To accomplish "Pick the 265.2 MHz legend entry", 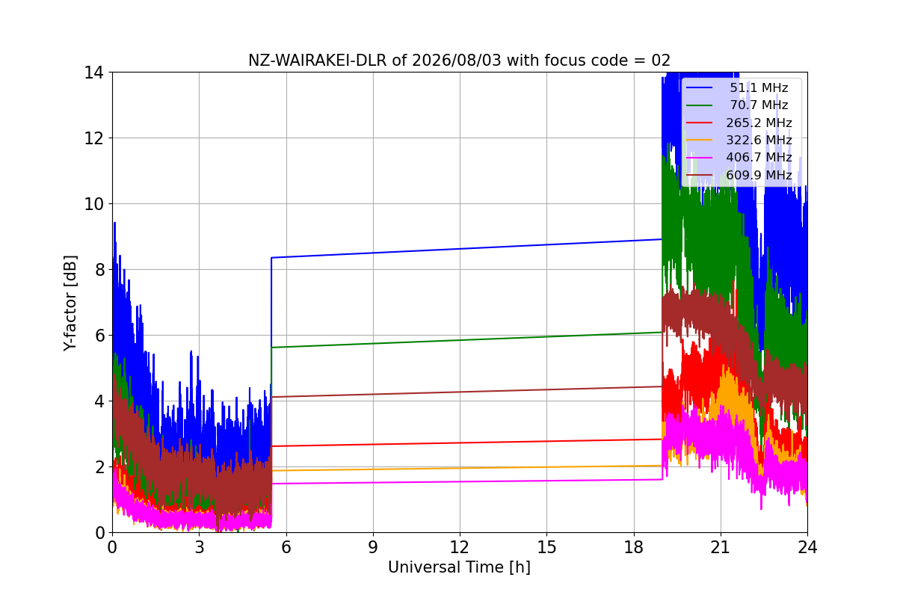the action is [x=739, y=123].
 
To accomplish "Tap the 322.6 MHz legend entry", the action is [x=739, y=140].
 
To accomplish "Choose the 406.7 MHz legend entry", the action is [x=739, y=158].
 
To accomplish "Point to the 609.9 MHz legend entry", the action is [x=739, y=175].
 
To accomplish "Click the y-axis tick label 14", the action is [x=93, y=73].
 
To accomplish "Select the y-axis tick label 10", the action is [x=93, y=204].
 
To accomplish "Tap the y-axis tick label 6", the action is [x=99, y=336].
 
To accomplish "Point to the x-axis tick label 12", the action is [x=460, y=547].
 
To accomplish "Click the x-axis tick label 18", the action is [x=634, y=547].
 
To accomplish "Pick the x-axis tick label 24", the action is [x=807, y=547].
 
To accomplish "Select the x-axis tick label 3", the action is [x=200, y=547].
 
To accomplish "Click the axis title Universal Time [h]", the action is [x=459, y=567].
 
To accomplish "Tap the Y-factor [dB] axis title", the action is [x=70, y=303].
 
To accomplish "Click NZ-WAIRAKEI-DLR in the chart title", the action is [x=318, y=61].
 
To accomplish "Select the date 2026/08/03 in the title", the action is [x=457, y=61].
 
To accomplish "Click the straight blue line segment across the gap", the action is [x=466, y=248].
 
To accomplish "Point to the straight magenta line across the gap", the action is [x=466, y=482].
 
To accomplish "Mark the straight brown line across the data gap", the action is [x=466, y=392].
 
